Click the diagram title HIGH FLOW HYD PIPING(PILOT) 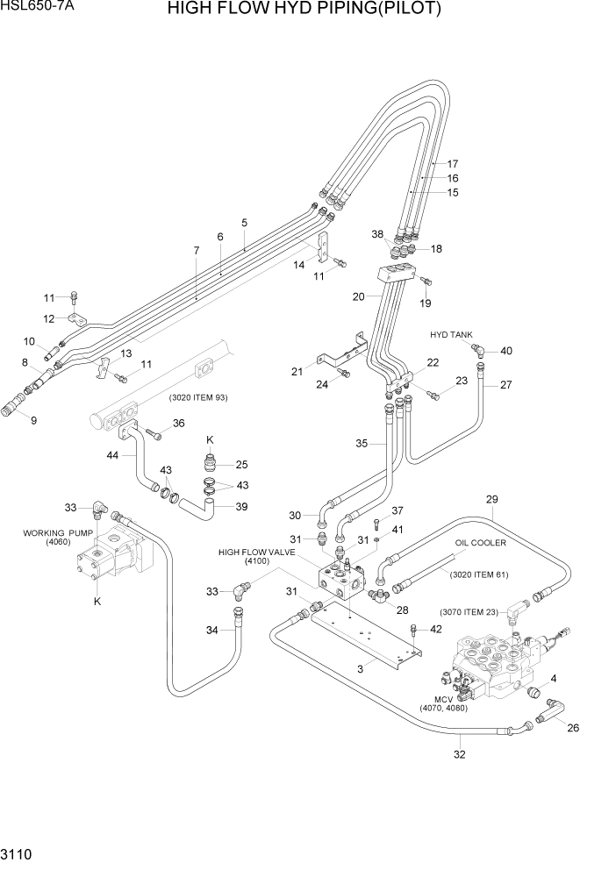pos(315,11)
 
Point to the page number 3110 pos(20,852)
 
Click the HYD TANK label pos(451,335)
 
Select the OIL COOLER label pos(480,544)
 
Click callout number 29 pos(492,500)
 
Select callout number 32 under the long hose pos(460,753)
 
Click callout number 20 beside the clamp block pos(359,296)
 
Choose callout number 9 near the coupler pos(33,419)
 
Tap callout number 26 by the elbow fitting pos(574,727)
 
